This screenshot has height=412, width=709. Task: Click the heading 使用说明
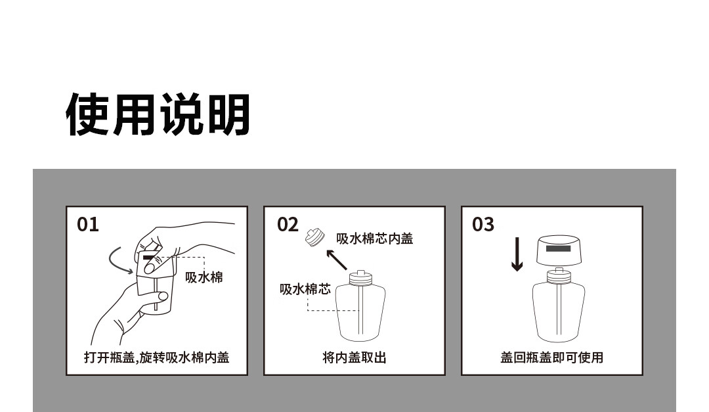click(x=158, y=114)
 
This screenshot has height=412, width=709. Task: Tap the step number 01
click(x=88, y=225)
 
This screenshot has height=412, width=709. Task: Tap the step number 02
click(x=288, y=225)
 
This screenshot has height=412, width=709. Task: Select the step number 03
click(x=483, y=225)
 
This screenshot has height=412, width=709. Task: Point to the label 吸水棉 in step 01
click(x=204, y=277)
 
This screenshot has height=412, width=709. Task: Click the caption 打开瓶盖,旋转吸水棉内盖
click(x=156, y=357)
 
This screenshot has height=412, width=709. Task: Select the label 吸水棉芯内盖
click(x=374, y=239)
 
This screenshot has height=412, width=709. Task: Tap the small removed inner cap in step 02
click(x=315, y=237)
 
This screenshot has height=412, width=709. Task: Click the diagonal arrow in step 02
click(x=336, y=260)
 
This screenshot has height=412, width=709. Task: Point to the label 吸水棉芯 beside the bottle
click(x=305, y=289)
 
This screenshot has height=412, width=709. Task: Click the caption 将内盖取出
click(x=354, y=357)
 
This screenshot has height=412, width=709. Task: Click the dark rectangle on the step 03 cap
click(x=559, y=248)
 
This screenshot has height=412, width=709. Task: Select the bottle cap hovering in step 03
click(x=559, y=250)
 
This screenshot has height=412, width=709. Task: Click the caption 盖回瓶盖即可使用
click(x=551, y=357)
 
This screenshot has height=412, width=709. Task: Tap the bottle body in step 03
click(x=559, y=312)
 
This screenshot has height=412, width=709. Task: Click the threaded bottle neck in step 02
click(x=360, y=277)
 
